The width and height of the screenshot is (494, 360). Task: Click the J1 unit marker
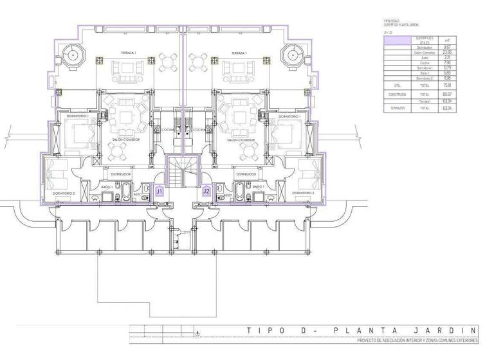(159, 191)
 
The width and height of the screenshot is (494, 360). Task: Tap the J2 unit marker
(206, 191)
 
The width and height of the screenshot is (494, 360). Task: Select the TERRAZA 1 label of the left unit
(130, 52)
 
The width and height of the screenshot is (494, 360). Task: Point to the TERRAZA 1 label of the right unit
(237, 52)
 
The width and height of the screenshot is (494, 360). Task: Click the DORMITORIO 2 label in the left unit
(64, 193)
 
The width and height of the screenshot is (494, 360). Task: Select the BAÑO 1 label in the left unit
(107, 186)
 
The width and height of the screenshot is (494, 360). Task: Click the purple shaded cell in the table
(397, 39)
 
